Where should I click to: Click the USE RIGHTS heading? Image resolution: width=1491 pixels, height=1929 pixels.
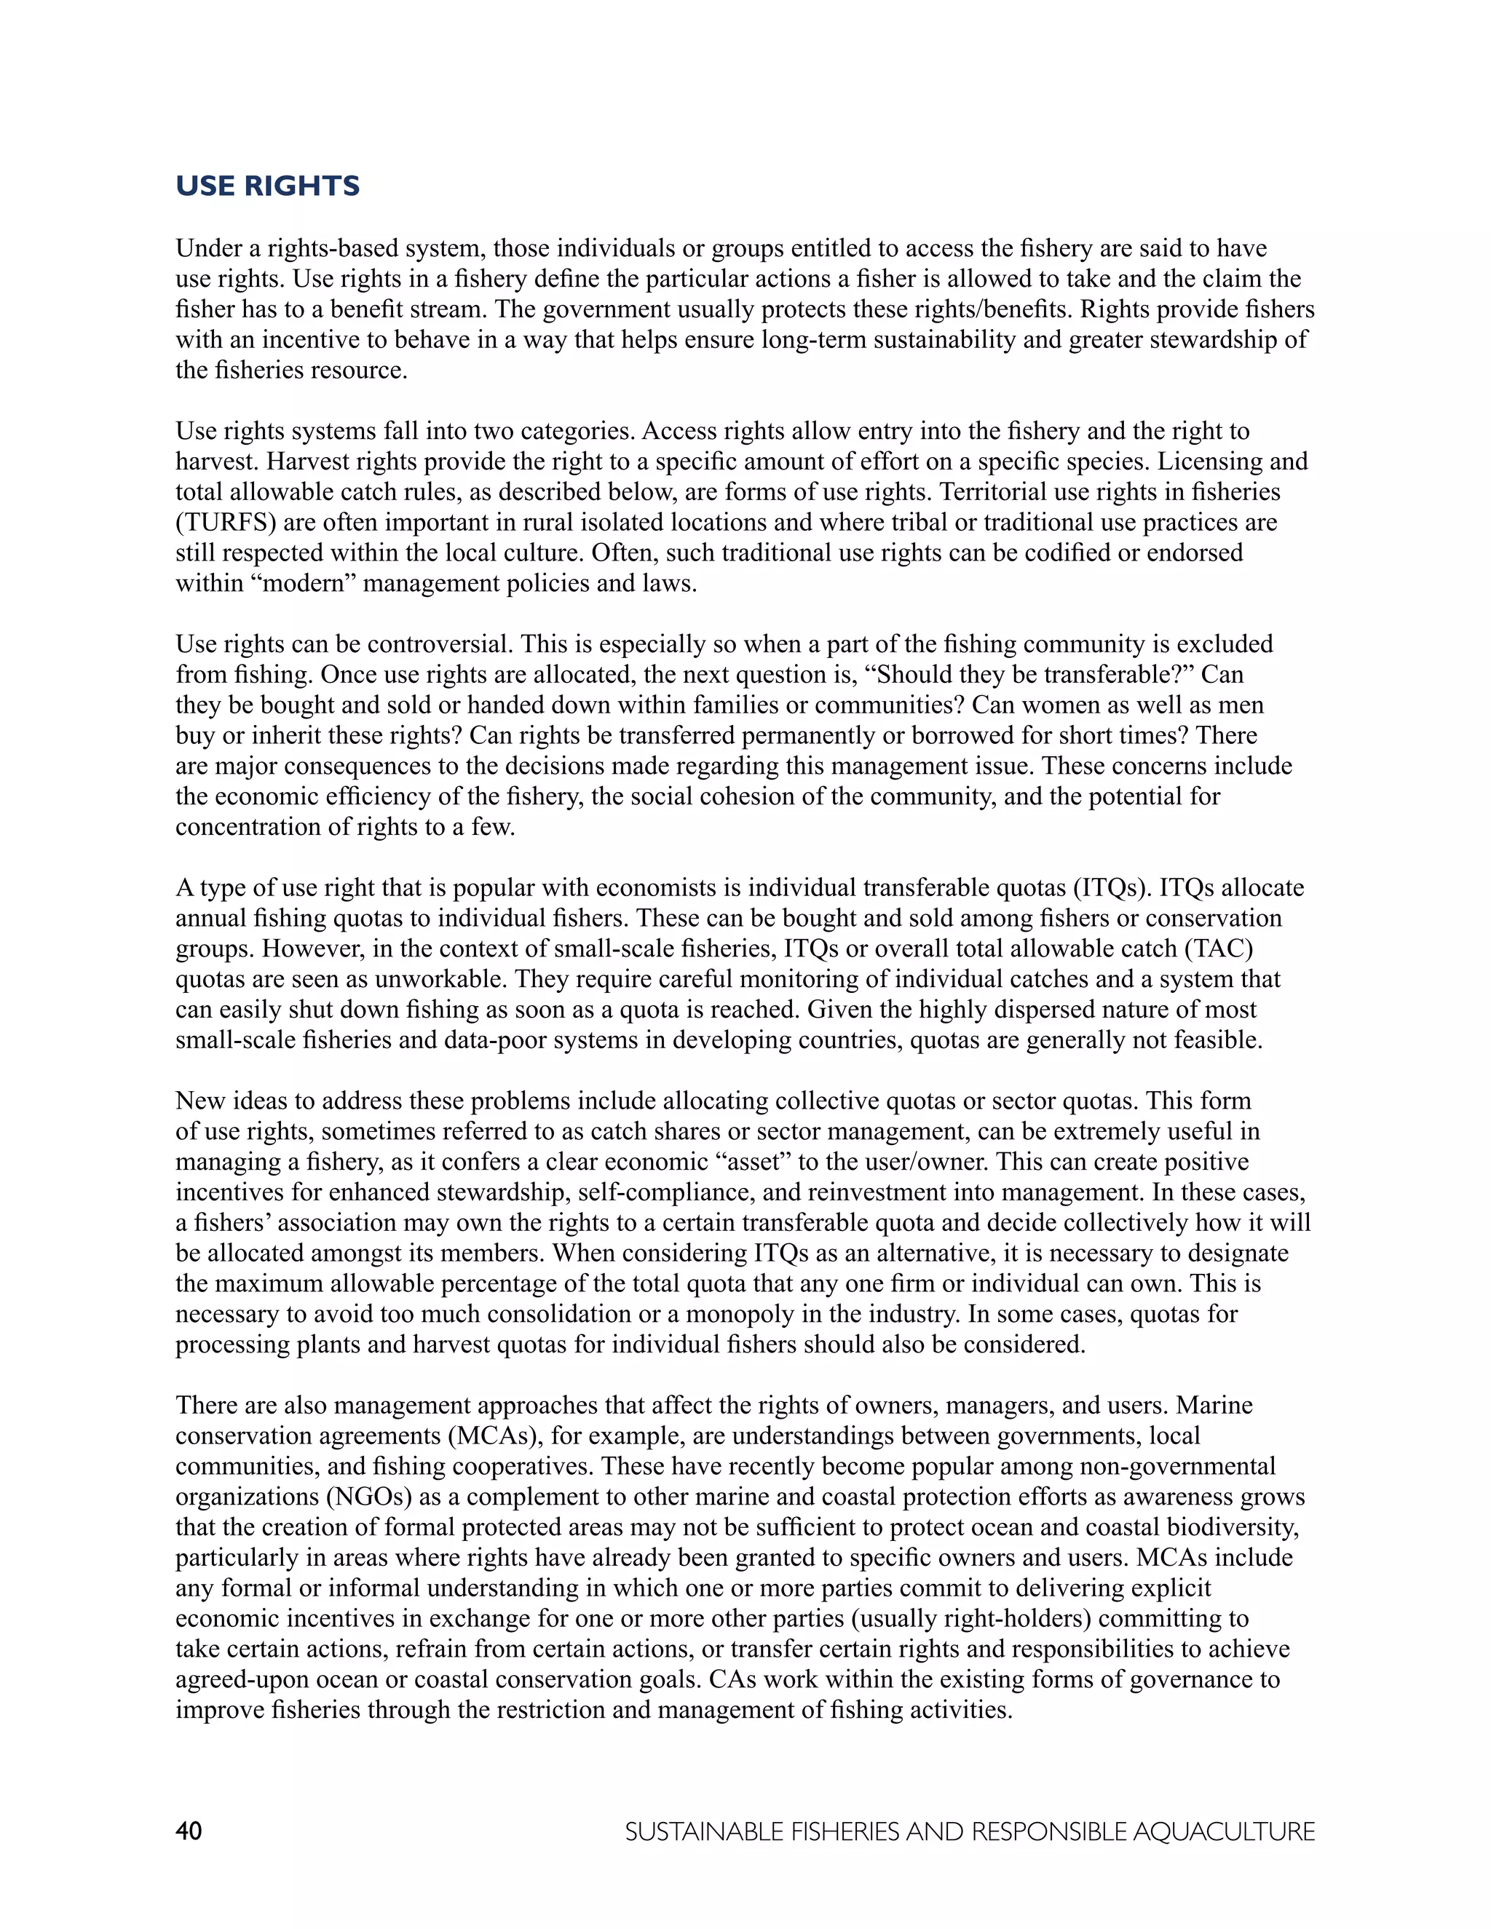(x=268, y=186)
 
